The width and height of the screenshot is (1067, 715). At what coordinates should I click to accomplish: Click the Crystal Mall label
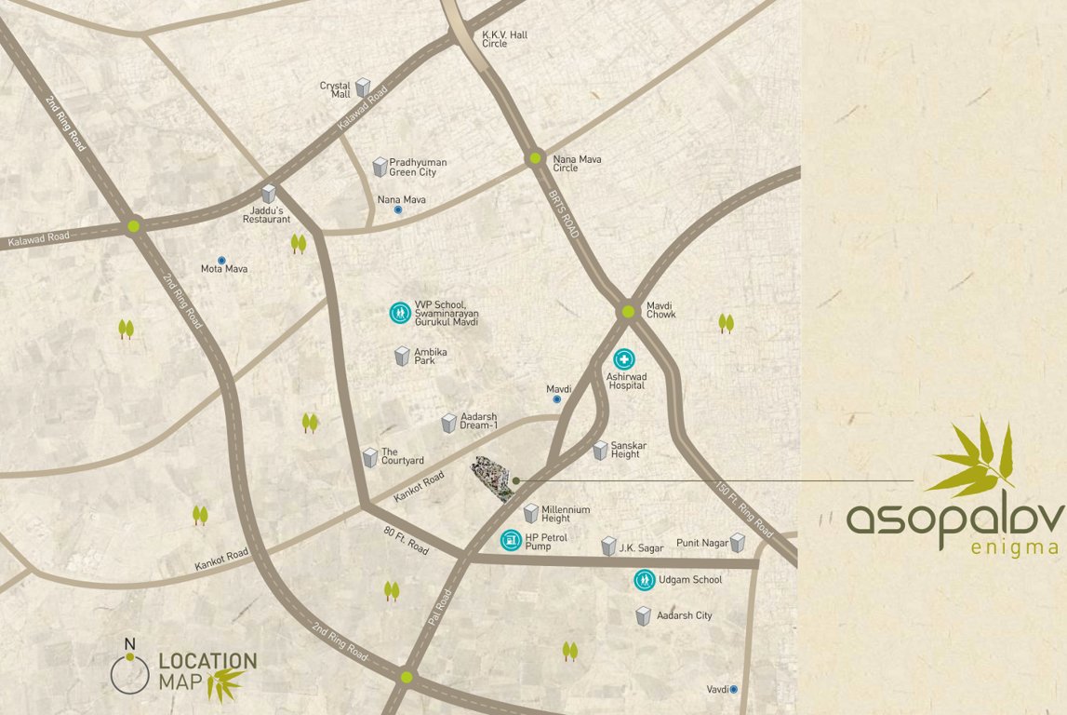[335, 89]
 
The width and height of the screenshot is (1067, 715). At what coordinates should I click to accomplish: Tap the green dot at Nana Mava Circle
[535, 158]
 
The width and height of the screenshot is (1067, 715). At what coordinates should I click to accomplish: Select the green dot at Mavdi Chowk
[628, 312]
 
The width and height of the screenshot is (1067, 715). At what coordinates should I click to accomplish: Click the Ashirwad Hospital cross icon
[623, 359]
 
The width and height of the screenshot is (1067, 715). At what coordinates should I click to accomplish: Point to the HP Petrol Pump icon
[510, 539]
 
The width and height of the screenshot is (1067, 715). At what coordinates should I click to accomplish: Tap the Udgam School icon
[643, 580]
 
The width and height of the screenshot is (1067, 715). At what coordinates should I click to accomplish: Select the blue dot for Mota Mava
[221, 261]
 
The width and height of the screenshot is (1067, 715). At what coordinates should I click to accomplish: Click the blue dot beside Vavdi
[734, 689]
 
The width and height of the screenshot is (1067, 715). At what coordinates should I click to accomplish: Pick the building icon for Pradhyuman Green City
[380, 167]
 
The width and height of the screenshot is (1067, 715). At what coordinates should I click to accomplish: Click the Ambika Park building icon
[402, 356]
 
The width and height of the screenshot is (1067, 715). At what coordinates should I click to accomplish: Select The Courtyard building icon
[369, 457]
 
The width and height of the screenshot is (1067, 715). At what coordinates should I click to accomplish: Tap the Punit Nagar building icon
[738, 543]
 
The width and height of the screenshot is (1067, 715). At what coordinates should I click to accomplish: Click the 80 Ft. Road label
[406, 541]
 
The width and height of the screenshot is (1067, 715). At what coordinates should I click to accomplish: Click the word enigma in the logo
[1014, 547]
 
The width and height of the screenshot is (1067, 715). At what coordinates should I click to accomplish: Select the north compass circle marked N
[129, 672]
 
